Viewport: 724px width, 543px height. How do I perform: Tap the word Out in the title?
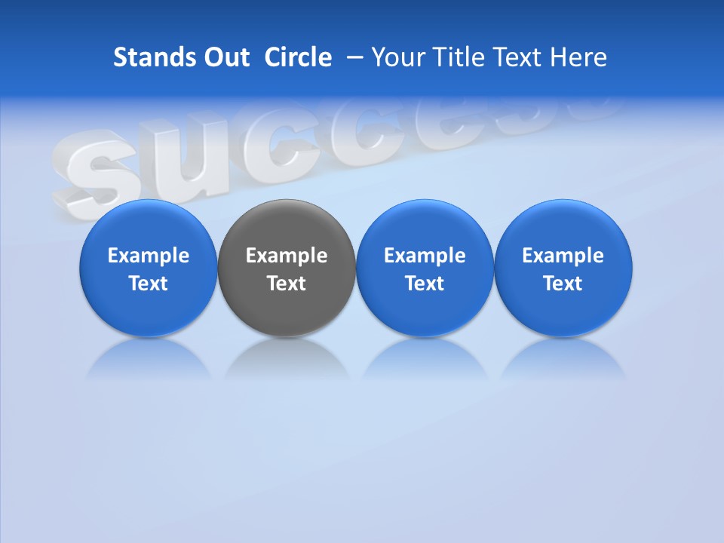pos(225,57)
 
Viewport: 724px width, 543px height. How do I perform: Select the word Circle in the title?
pos(298,57)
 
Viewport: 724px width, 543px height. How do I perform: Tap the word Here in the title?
pos(579,57)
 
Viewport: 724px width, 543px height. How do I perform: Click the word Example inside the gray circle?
pos(287,256)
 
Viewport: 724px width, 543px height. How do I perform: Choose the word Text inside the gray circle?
pos(287,284)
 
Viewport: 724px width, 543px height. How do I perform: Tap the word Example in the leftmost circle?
pos(149,256)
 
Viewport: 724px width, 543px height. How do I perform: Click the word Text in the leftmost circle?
pos(149,284)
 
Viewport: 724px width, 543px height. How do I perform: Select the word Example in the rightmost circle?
pos(563,256)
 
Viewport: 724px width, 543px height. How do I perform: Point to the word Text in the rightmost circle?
pos(563,284)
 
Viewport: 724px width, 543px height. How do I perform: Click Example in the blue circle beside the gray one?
pos(425,256)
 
